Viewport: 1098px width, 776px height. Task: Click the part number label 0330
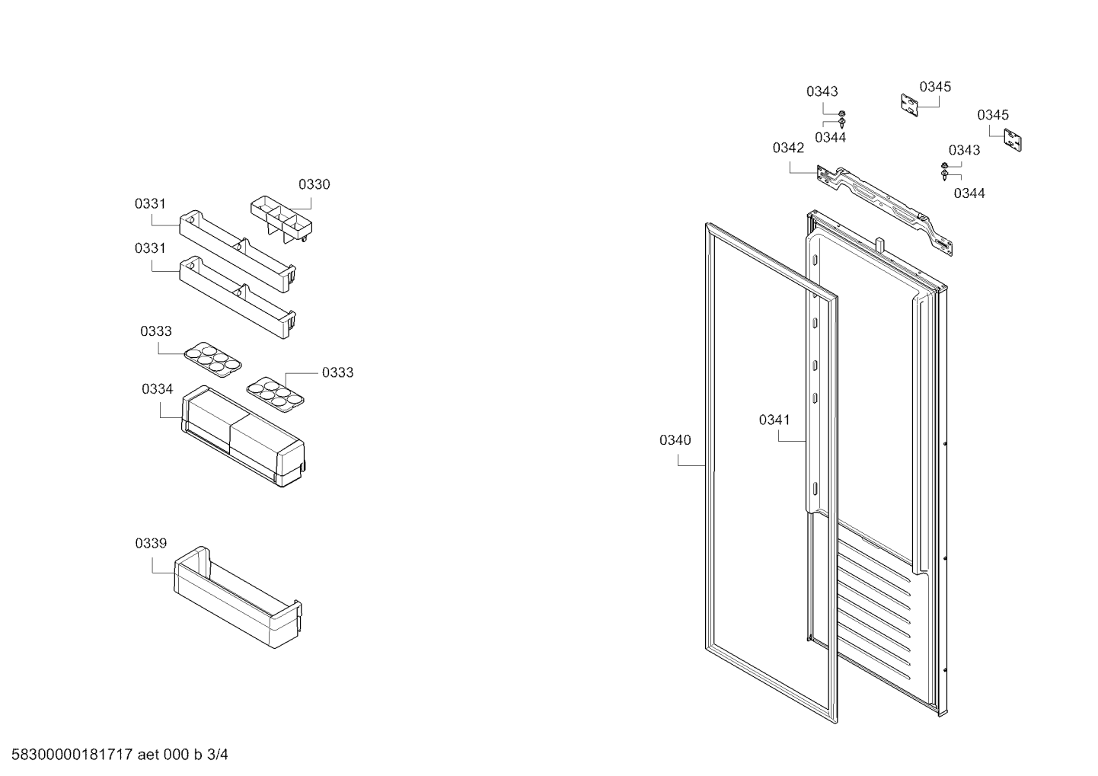pos(314,184)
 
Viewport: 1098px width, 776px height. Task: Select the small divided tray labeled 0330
pos(282,219)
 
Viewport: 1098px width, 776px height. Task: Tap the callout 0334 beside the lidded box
pos(158,389)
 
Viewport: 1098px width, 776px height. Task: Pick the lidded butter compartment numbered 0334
pos(244,436)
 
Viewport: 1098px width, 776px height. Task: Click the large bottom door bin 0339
pos(238,597)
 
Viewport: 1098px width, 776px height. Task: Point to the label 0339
pos(151,543)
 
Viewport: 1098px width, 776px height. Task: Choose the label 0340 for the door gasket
pos(675,440)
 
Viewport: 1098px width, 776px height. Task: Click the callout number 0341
pos(774,420)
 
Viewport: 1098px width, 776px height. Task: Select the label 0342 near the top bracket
pos(788,148)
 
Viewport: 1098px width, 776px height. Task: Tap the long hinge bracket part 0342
pos(885,210)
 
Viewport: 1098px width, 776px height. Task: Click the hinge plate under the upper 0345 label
pos(909,105)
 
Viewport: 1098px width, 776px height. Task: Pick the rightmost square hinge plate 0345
pos(1013,140)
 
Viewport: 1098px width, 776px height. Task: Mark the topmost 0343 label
pos(822,91)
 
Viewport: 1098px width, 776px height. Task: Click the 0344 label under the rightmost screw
pos(969,193)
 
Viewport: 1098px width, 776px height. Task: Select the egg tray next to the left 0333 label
pos(212,359)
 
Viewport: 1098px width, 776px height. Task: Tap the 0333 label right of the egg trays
pos(338,372)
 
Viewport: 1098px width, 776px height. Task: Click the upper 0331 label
pos(150,203)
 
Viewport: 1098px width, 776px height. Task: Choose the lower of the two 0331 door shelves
pos(238,297)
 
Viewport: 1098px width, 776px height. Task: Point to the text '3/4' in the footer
pos(217,755)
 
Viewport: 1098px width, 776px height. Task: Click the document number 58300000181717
pos(72,755)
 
